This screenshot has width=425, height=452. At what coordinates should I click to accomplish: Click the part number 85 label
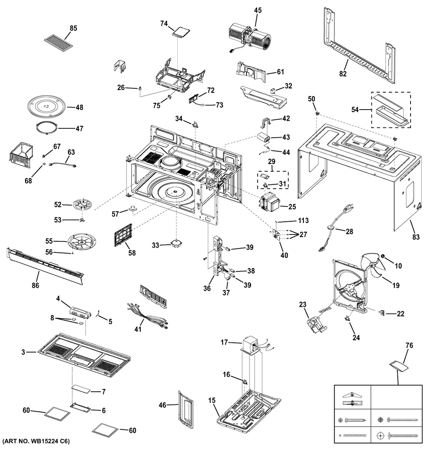[x=73, y=28]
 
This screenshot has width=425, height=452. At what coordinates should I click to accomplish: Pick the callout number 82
[x=343, y=73]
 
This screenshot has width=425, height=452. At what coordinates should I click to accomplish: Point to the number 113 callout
[x=303, y=220]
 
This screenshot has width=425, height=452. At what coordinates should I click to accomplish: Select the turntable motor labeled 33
[x=176, y=243]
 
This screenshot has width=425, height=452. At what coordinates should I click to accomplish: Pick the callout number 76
[x=409, y=346]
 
